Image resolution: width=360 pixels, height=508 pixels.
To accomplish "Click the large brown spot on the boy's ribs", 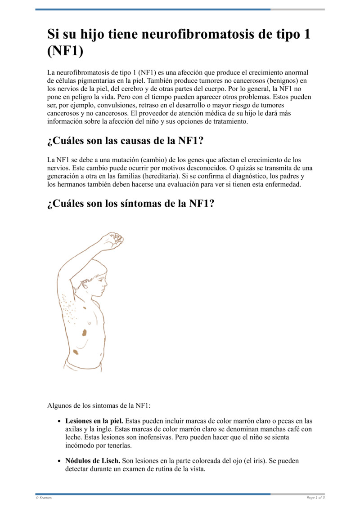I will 84,333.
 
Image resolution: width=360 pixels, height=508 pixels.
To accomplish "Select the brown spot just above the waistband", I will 76,352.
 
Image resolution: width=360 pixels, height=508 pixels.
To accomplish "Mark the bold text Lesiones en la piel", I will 94,422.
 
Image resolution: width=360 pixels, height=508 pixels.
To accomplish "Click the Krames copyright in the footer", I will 44,498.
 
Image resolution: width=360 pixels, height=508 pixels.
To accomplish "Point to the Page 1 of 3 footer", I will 315,498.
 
